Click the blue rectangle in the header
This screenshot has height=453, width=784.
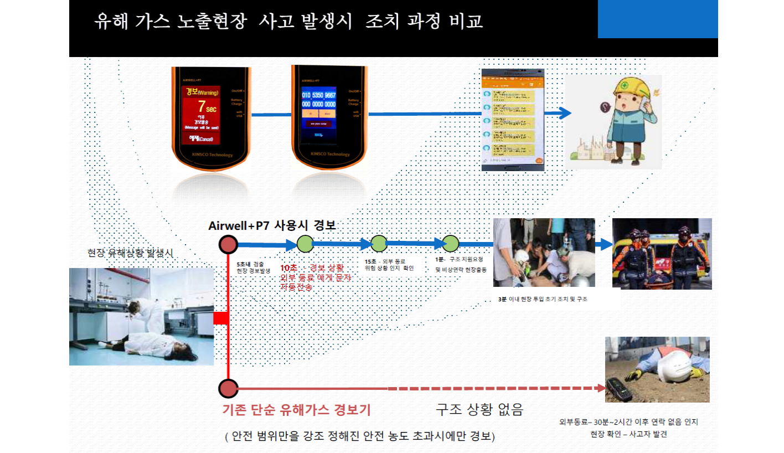coord(657,19)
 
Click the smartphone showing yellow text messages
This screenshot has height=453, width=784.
coord(513,120)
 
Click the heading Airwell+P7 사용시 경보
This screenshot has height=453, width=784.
coord(272,226)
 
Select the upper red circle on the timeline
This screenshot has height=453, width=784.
coord(228,244)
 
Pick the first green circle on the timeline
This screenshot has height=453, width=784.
coord(305,244)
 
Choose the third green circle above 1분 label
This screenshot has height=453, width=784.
coord(450,244)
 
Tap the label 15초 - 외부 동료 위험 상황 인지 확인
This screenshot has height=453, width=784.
coord(389,265)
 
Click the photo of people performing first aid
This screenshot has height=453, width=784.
coord(544,253)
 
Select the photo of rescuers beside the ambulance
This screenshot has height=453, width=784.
coord(662,253)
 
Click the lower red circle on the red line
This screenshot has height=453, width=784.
coord(228,389)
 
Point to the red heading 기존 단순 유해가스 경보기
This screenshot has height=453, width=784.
coord(296,410)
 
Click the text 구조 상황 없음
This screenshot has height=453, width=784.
coord(479,410)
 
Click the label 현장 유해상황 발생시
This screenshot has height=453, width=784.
coord(131,253)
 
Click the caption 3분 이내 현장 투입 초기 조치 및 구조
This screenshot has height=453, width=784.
coord(543,299)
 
